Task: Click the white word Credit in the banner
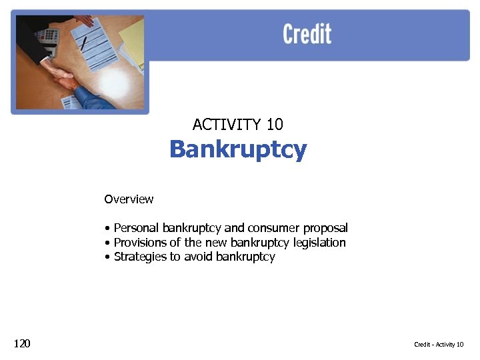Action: [x=307, y=34]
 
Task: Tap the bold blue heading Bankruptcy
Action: [x=238, y=149]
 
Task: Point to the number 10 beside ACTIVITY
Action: [x=275, y=125]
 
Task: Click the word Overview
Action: [x=129, y=199]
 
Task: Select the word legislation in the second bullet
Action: [x=319, y=243]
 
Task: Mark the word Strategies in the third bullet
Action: [x=138, y=257]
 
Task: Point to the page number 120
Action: [x=22, y=343]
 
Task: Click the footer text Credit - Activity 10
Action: [x=438, y=345]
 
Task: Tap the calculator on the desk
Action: [x=48, y=37]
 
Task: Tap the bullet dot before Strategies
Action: [x=107, y=257]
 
